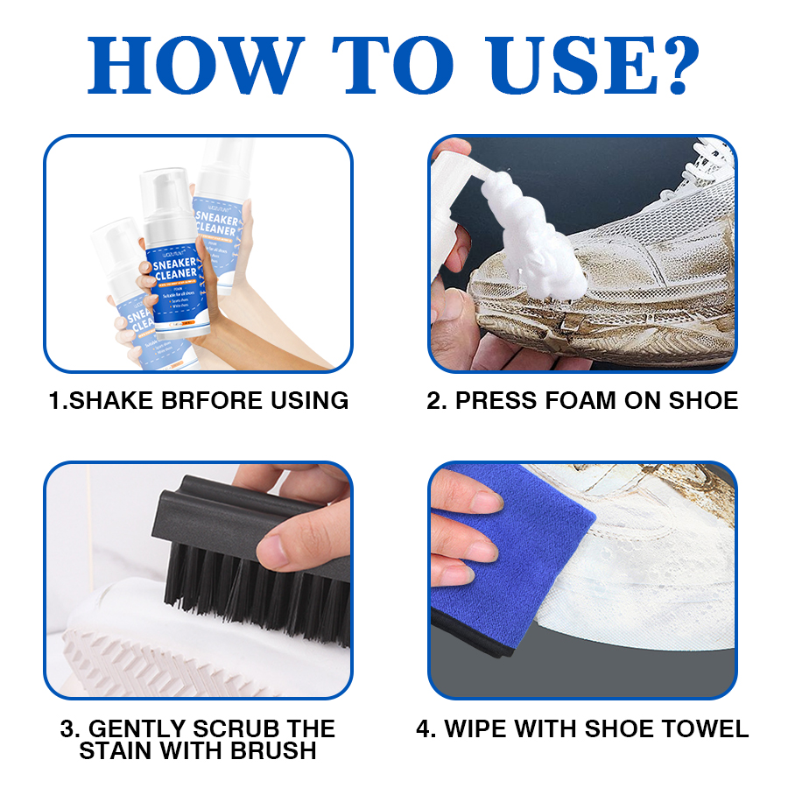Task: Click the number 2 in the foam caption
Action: click(x=433, y=401)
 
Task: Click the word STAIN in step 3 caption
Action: click(x=115, y=751)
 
